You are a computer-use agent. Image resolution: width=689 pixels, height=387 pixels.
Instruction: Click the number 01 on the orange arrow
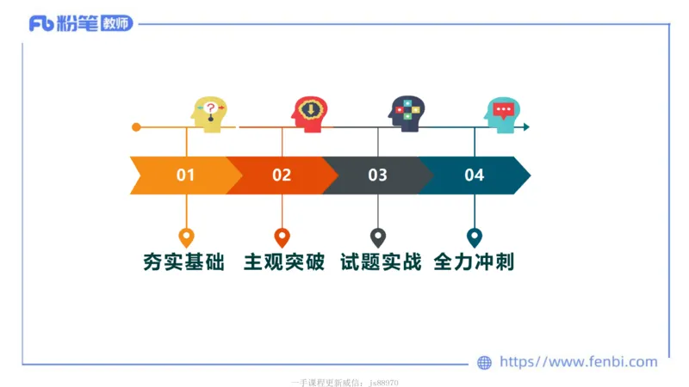pyautogui.click(x=186, y=175)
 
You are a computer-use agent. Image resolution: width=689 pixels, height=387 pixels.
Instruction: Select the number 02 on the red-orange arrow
pyautogui.click(x=282, y=175)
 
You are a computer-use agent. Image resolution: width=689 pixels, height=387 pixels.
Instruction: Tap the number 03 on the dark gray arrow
pyautogui.click(x=377, y=175)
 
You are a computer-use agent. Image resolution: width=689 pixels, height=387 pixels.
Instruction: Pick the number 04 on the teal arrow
pyautogui.click(x=474, y=175)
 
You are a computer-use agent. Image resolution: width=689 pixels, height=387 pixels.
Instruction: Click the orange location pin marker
pyautogui.click(x=186, y=237)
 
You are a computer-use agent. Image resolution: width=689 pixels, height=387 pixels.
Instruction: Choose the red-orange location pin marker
pyautogui.click(x=282, y=237)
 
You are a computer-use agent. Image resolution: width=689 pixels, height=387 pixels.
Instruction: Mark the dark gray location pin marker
pyautogui.click(x=377, y=237)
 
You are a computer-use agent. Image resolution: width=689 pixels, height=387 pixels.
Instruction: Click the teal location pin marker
pyautogui.click(x=474, y=237)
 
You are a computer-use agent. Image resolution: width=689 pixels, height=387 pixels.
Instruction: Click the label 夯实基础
pyautogui.click(x=184, y=262)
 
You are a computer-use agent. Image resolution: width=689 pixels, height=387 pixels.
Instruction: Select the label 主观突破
pyautogui.click(x=284, y=262)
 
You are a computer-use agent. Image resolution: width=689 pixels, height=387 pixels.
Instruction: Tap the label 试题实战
pyautogui.click(x=381, y=262)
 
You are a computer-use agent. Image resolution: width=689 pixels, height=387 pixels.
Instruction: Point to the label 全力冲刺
pyautogui.click(x=475, y=262)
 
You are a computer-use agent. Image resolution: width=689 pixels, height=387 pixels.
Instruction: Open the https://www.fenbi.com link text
pyautogui.click(x=579, y=362)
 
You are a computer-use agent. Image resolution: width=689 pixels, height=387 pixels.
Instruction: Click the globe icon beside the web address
pyautogui.click(x=485, y=363)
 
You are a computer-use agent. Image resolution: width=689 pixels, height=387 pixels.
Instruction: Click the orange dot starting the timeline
pyautogui.click(x=136, y=127)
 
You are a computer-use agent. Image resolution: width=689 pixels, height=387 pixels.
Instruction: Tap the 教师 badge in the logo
pyautogui.click(x=116, y=24)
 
